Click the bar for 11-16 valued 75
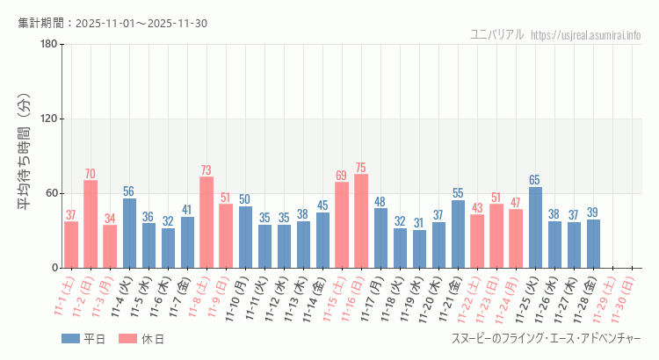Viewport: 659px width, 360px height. pyautogui.click(x=361, y=221)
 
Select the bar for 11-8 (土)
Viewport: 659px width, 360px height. pyautogui.click(x=206, y=222)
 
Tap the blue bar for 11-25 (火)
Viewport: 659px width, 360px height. pyautogui.click(x=535, y=227)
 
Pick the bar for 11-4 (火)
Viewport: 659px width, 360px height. pyautogui.click(x=129, y=233)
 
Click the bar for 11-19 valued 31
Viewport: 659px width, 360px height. pyautogui.click(x=419, y=248)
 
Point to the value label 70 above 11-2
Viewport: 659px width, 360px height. pyautogui.click(x=91, y=173)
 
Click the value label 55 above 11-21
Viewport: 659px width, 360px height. pyautogui.click(x=458, y=193)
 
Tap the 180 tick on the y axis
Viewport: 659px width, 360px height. pyautogui.click(x=48, y=45)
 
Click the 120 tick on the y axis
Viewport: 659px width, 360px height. pyautogui.click(x=48, y=119)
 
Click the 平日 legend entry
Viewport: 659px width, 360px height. pyautogui.click(x=83, y=339)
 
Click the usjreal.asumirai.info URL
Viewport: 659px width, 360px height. pyautogui.click(x=588, y=34)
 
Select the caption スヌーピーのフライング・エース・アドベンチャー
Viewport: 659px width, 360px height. pyautogui.click(x=546, y=339)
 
